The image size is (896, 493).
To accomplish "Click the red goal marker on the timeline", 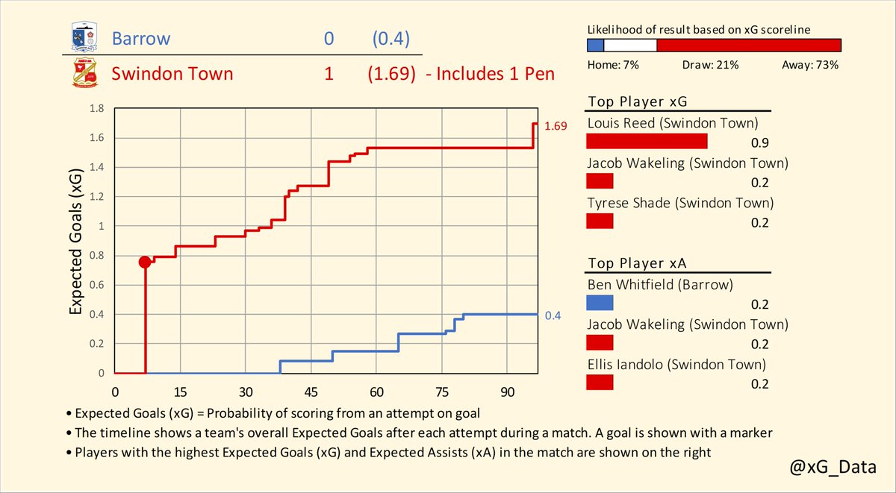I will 145,262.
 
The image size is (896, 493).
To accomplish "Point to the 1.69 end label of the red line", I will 556,127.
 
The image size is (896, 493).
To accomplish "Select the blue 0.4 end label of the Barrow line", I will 553,316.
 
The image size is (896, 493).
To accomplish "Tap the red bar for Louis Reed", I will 647,142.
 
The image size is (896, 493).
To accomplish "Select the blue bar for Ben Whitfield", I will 600,303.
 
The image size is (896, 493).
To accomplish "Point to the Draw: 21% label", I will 710,65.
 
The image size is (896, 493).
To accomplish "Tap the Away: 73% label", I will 809,65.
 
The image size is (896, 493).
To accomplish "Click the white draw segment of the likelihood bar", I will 630,45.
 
